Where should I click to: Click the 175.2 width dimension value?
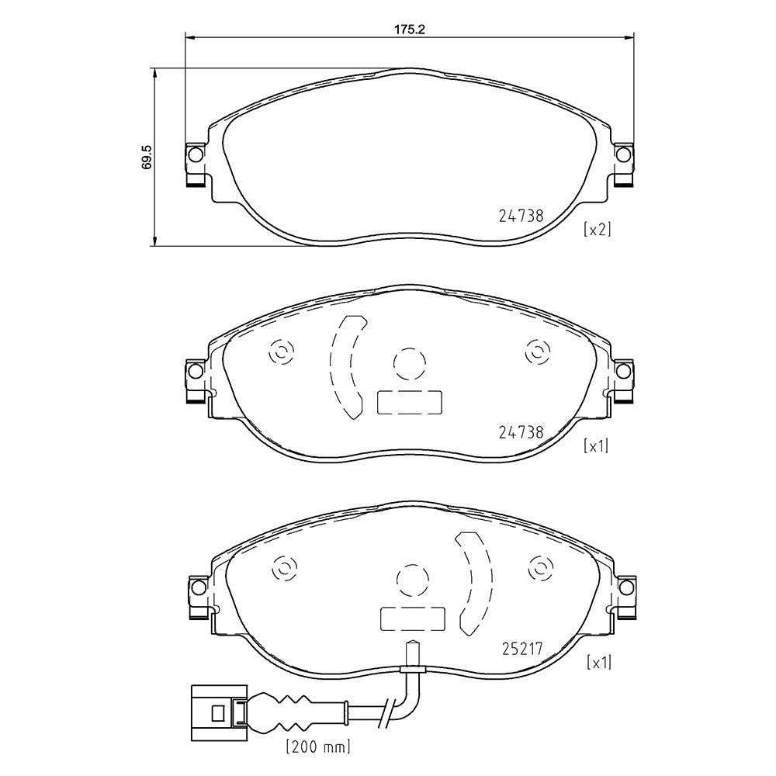click(x=409, y=29)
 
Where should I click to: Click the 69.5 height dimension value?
click(x=147, y=158)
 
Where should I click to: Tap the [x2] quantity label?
click(x=598, y=230)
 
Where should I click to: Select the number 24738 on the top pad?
click(x=521, y=216)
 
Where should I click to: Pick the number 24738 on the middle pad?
click(x=521, y=432)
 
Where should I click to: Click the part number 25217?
click(x=522, y=649)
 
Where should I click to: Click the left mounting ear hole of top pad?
click(x=196, y=155)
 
